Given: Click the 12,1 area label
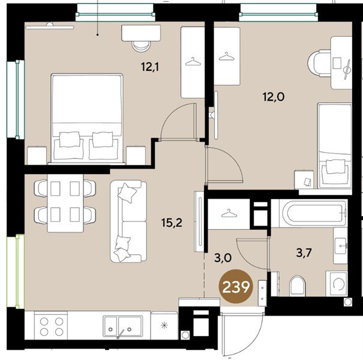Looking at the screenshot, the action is [x=150, y=67].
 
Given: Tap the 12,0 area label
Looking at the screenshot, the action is [x=274, y=97].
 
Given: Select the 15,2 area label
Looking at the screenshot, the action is [x=172, y=223].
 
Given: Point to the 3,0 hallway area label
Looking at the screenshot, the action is [x=223, y=258].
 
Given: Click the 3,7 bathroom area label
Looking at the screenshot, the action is [x=304, y=253].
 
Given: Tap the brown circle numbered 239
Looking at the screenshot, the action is [x=236, y=287].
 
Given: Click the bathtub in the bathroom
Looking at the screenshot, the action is [x=313, y=213].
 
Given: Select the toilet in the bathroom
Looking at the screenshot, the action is [x=298, y=286].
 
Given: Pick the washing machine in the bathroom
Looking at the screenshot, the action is [x=337, y=283].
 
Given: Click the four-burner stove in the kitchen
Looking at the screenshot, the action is [x=51, y=326].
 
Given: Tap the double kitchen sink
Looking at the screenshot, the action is [x=122, y=326].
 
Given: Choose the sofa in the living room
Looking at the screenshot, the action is [x=128, y=221].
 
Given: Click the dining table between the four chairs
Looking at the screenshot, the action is [x=65, y=203].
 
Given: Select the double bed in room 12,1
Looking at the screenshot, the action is [x=87, y=118].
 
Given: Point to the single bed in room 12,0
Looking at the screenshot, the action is [x=335, y=145].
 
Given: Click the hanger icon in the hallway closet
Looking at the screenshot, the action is [x=229, y=213].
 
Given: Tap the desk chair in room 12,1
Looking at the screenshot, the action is [x=141, y=46].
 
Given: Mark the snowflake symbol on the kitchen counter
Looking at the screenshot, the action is [x=164, y=326].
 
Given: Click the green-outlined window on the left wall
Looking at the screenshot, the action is [x=16, y=271].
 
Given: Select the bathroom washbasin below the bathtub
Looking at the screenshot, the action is [x=341, y=245].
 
